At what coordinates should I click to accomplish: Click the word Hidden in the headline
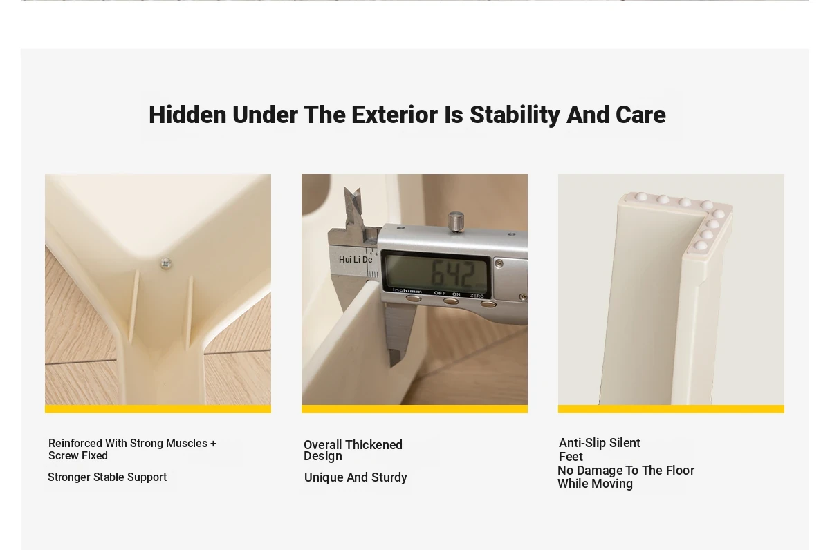pyautogui.click(x=187, y=115)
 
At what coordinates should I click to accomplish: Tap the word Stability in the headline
pyautogui.click(x=515, y=115)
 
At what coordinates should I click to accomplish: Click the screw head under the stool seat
pyautogui.click(x=165, y=263)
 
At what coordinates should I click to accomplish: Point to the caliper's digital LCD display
pyautogui.click(x=436, y=272)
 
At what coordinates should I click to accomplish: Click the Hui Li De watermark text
pyautogui.click(x=356, y=260)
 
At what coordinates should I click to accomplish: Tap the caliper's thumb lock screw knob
pyautogui.click(x=456, y=221)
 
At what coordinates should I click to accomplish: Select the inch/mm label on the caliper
pyautogui.click(x=407, y=291)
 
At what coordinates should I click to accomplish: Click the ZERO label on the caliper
pyautogui.click(x=477, y=296)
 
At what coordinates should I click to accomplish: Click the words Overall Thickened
pyautogui.click(x=353, y=444)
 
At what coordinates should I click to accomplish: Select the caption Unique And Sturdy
pyautogui.click(x=356, y=477)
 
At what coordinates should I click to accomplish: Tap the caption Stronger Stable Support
pyautogui.click(x=107, y=477)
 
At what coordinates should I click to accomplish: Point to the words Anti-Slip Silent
pyautogui.click(x=599, y=443)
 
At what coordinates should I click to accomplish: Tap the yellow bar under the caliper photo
pyautogui.click(x=414, y=409)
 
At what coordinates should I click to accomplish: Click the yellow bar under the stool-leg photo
pyautogui.click(x=158, y=409)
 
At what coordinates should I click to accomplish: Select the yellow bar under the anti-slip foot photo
pyautogui.click(x=671, y=409)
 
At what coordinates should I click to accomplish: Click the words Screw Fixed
pyautogui.click(x=77, y=455)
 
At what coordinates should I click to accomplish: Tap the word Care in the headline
pyautogui.click(x=640, y=115)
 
